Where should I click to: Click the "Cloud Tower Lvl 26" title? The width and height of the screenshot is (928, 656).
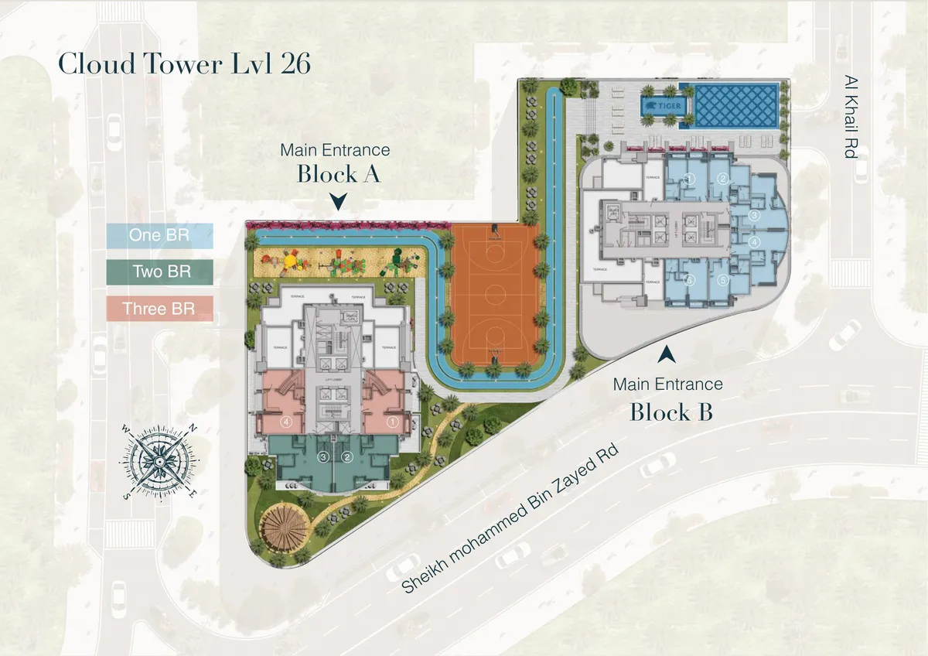coord(185,64)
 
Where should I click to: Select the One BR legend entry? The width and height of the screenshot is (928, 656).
coord(159,235)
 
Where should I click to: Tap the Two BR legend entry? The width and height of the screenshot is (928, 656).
coord(159,272)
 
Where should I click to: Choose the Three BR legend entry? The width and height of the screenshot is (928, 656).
coord(159,309)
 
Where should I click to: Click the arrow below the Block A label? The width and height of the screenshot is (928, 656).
coord(337,203)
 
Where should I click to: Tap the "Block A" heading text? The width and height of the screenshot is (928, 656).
coord(338,173)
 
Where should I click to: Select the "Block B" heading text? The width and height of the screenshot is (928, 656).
coord(670,412)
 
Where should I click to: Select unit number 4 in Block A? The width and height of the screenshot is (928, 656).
coord(286,422)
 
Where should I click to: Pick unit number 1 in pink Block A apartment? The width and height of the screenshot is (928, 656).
coord(391,422)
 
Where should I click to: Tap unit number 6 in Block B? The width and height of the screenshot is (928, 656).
coord(691,280)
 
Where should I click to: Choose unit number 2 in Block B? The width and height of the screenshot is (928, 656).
coord(723,179)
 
